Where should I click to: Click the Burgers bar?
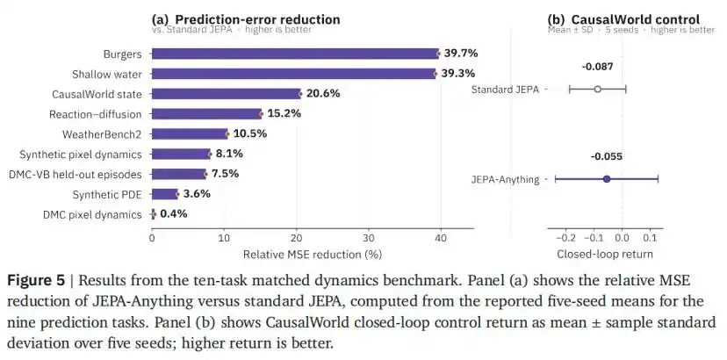pos(295,54)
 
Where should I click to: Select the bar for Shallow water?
pos(293,74)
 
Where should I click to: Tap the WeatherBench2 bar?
pos(190,134)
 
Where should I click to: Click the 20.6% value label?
pos(323,94)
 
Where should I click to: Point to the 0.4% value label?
pos(173,214)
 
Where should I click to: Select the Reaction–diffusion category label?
pos(96,114)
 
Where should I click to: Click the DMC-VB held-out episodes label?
pos(76,175)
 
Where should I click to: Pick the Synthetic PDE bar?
pos(164,194)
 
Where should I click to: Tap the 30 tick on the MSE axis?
pos(369,238)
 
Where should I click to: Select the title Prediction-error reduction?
pos(257,19)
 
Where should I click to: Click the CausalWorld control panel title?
pos(635,19)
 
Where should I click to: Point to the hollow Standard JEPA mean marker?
pos(597,89)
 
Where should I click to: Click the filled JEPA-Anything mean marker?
pos(607,179)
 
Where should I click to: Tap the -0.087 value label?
pos(597,67)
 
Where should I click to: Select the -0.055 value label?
pos(607,156)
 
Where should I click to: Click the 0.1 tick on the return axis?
pos(650,238)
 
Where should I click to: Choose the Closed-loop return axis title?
pos(605,255)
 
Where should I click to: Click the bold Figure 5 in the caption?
pos(36,281)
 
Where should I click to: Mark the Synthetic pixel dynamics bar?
pos(181,154)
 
